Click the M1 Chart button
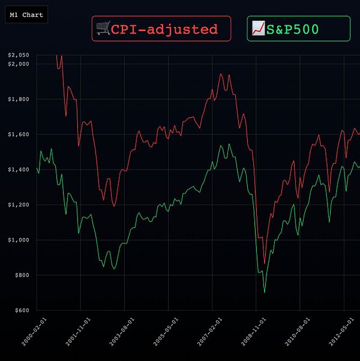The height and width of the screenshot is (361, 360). [x=25, y=15]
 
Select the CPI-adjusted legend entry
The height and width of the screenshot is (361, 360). [x=161, y=29]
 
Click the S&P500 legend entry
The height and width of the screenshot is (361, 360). [x=298, y=29]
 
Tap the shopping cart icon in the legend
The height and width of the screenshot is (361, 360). [x=103, y=28]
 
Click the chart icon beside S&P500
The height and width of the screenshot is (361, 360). [x=259, y=28]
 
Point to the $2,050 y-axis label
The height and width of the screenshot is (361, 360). [x=18, y=55]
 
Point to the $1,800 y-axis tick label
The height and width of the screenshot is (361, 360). [x=18, y=99]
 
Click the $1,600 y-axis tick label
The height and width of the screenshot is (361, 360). [x=18, y=134]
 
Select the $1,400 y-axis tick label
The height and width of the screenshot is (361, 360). [x=18, y=170]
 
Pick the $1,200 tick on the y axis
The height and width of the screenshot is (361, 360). [x=18, y=205]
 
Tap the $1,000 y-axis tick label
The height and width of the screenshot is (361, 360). [x=18, y=240]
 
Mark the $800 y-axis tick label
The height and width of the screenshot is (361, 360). [x=20, y=275]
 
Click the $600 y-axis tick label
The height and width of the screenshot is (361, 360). [x=20, y=311]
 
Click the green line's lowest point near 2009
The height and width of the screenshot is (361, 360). [x=265, y=293]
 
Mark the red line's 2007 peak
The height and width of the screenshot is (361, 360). [x=221, y=74]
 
